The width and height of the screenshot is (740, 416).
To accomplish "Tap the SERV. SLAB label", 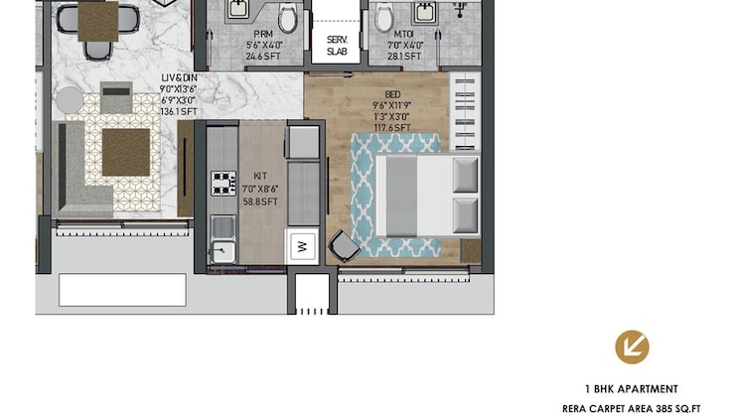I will coord(337,46).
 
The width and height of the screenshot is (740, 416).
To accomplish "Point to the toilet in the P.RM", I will coord(288,17).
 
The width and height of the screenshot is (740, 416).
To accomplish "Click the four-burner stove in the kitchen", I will coord(223,184).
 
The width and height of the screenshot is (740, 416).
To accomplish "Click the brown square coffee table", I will coord(126,152).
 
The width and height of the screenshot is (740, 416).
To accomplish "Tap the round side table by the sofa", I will coord(70,99).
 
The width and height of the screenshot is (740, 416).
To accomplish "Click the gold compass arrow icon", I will coord(632,346).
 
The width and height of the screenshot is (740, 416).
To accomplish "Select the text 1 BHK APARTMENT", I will coord(632,389).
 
